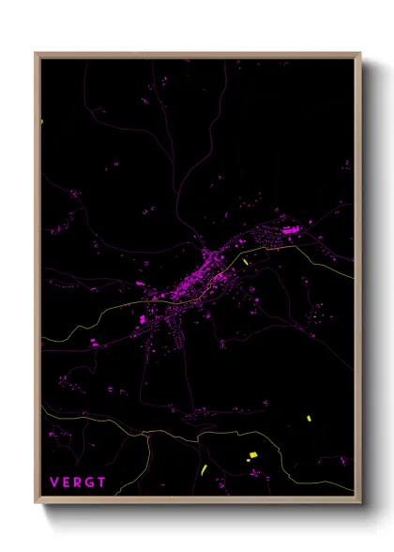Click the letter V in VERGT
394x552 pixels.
[54, 483]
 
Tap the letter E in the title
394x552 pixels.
[67, 483]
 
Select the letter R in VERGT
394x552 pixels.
[79, 483]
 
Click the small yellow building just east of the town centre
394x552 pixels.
[246, 263]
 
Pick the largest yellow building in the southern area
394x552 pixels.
[251, 455]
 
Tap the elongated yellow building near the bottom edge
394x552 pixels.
[204, 468]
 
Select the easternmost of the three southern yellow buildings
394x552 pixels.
[309, 419]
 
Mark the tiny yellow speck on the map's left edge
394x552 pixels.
[42, 121]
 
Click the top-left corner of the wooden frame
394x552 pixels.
[36, 54]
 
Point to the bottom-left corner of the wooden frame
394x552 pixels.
[36, 501]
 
